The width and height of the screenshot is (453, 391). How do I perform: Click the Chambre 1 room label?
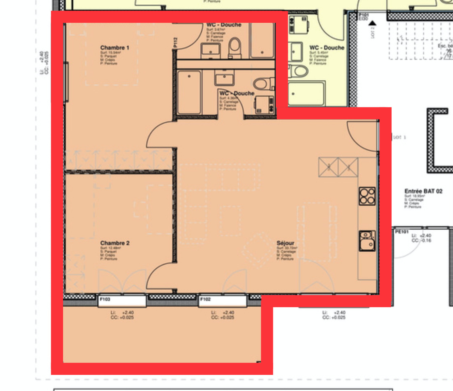point(114,48)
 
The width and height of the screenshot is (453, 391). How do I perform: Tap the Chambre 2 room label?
point(114,243)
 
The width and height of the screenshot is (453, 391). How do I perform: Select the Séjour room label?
point(285,243)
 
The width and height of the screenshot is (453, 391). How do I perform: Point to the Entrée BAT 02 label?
point(423,191)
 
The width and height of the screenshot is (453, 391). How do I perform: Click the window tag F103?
point(105,299)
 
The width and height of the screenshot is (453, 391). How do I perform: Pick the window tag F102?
point(205,299)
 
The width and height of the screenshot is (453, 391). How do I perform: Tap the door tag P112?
point(175,42)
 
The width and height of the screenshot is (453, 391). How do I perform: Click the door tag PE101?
point(402,232)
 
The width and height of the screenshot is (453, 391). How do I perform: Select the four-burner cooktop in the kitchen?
point(367,196)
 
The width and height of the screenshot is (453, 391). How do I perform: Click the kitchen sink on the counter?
point(367,240)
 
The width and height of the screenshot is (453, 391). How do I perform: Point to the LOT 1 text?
point(400,137)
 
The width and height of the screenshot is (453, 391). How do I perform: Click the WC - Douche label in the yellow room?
point(326,48)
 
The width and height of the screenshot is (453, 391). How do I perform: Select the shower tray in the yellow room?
point(306,93)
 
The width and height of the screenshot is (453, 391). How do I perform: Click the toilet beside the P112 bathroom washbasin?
point(235,47)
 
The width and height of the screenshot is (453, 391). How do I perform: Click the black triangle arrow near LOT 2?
point(372,23)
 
